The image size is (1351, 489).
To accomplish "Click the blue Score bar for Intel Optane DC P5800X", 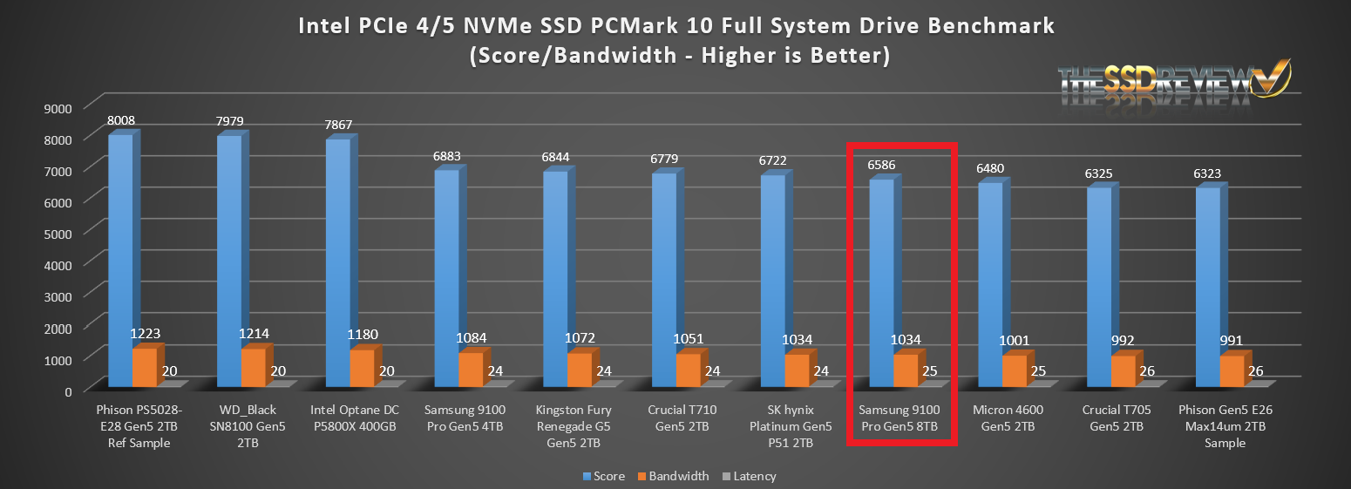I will tap(337, 261).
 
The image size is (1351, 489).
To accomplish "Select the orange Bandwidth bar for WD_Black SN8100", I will tap(253, 367).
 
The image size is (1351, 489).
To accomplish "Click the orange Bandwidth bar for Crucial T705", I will tap(1124, 370).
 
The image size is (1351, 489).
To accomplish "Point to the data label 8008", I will tap(121, 120).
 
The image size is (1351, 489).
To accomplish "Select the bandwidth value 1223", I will tap(146, 333).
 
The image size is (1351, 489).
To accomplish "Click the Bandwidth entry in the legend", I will tap(676, 476).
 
